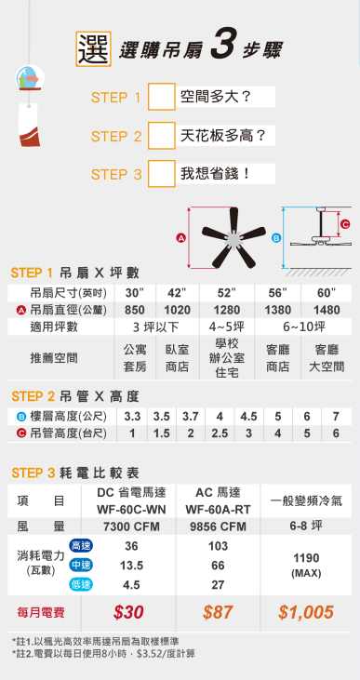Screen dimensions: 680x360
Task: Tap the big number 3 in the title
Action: tap(220, 47)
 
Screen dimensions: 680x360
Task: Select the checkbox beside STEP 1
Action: tap(162, 97)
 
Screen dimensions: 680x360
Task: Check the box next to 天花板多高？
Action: tap(162, 136)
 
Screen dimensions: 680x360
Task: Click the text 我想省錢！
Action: tap(215, 174)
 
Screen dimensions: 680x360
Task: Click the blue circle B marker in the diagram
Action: tap(274, 239)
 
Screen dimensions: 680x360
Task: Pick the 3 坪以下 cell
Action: tap(155, 327)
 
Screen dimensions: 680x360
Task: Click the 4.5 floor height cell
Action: tap(247, 416)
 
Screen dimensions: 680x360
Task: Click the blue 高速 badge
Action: tap(80, 545)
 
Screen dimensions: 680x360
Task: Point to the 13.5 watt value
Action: tap(131, 565)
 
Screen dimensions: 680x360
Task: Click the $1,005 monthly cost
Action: tap(306, 612)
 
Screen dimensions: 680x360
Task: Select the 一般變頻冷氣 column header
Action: tap(306, 500)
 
